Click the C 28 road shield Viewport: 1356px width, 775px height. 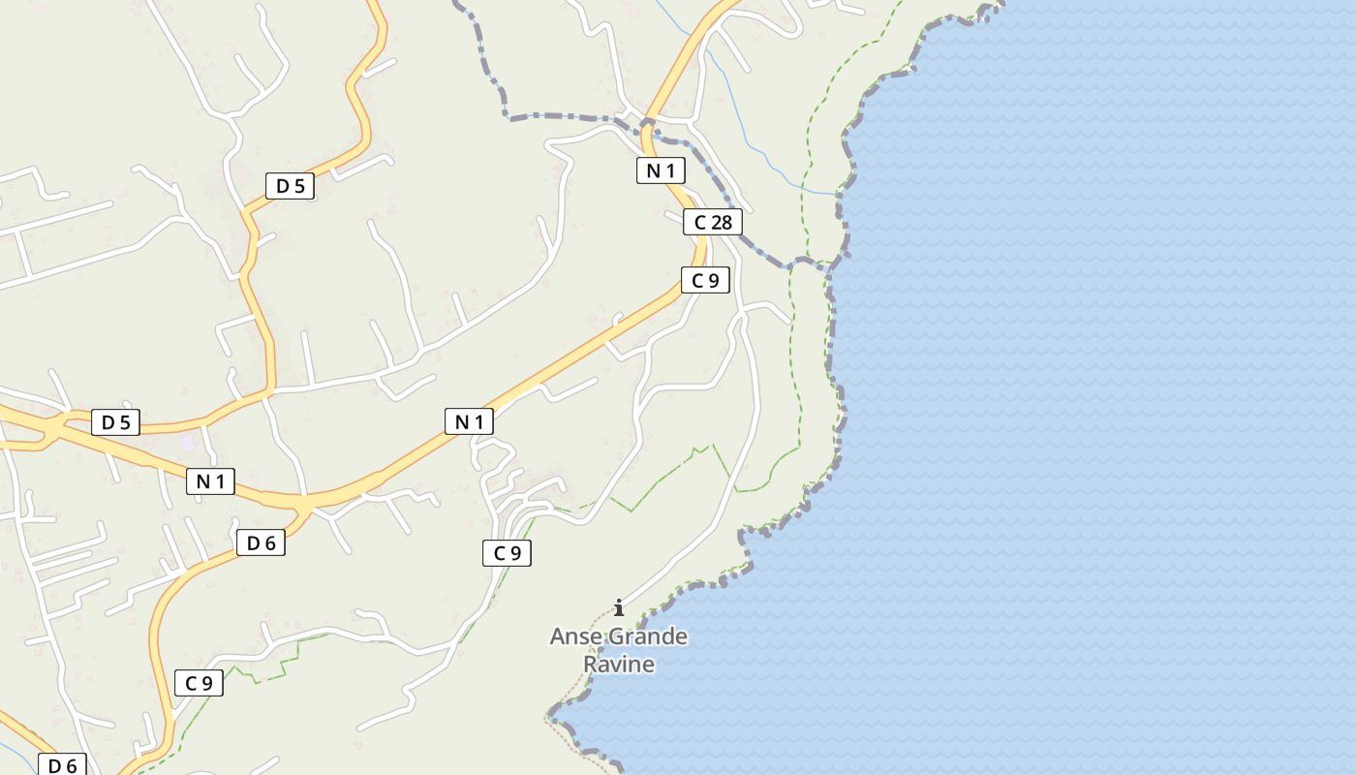tap(712, 223)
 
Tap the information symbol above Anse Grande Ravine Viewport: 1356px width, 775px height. tap(619, 607)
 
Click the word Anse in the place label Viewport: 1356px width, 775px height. tap(576, 637)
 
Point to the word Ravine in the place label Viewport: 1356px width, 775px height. tap(618, 665)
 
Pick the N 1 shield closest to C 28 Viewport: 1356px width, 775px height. tap(661, 171)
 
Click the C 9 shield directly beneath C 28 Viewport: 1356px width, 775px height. tap(705, 281)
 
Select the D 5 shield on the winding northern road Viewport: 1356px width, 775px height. tap(291, 186)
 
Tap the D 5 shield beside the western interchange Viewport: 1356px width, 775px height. tap(115, 422)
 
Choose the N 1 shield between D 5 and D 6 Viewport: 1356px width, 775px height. tap(210, 481)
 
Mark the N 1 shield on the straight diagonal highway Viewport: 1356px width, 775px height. tap(469, 421)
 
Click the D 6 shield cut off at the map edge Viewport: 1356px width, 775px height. tap(62, 765)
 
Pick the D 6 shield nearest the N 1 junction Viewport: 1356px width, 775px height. tap(262, 543)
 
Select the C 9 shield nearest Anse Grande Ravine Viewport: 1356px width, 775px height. tap(507, 553)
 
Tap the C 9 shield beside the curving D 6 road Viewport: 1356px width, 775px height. tap(199, 683)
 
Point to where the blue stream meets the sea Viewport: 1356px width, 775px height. tap(837, 195)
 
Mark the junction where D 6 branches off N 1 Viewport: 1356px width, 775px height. tap(307, 507)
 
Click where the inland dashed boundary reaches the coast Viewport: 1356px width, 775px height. tap(831, 268)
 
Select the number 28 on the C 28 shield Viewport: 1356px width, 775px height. tap(721, 223)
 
